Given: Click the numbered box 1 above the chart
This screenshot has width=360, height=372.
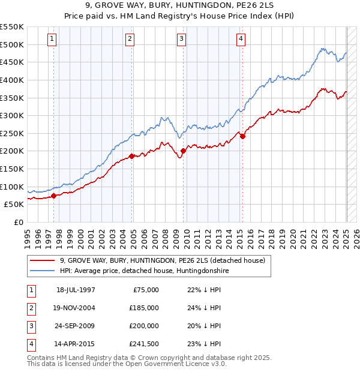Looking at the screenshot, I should coord(52,40).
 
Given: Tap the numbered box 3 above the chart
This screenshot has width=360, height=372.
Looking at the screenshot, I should coord(181,40).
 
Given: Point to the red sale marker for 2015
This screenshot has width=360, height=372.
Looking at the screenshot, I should coord(242,136).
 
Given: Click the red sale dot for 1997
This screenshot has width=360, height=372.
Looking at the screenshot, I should coord(54,195).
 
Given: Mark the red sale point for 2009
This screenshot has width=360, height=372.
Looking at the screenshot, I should coord(183,151).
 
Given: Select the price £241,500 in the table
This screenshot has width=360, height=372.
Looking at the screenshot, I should coord(144,344).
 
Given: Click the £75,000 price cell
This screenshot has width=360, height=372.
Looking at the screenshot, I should coord(144,290).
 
